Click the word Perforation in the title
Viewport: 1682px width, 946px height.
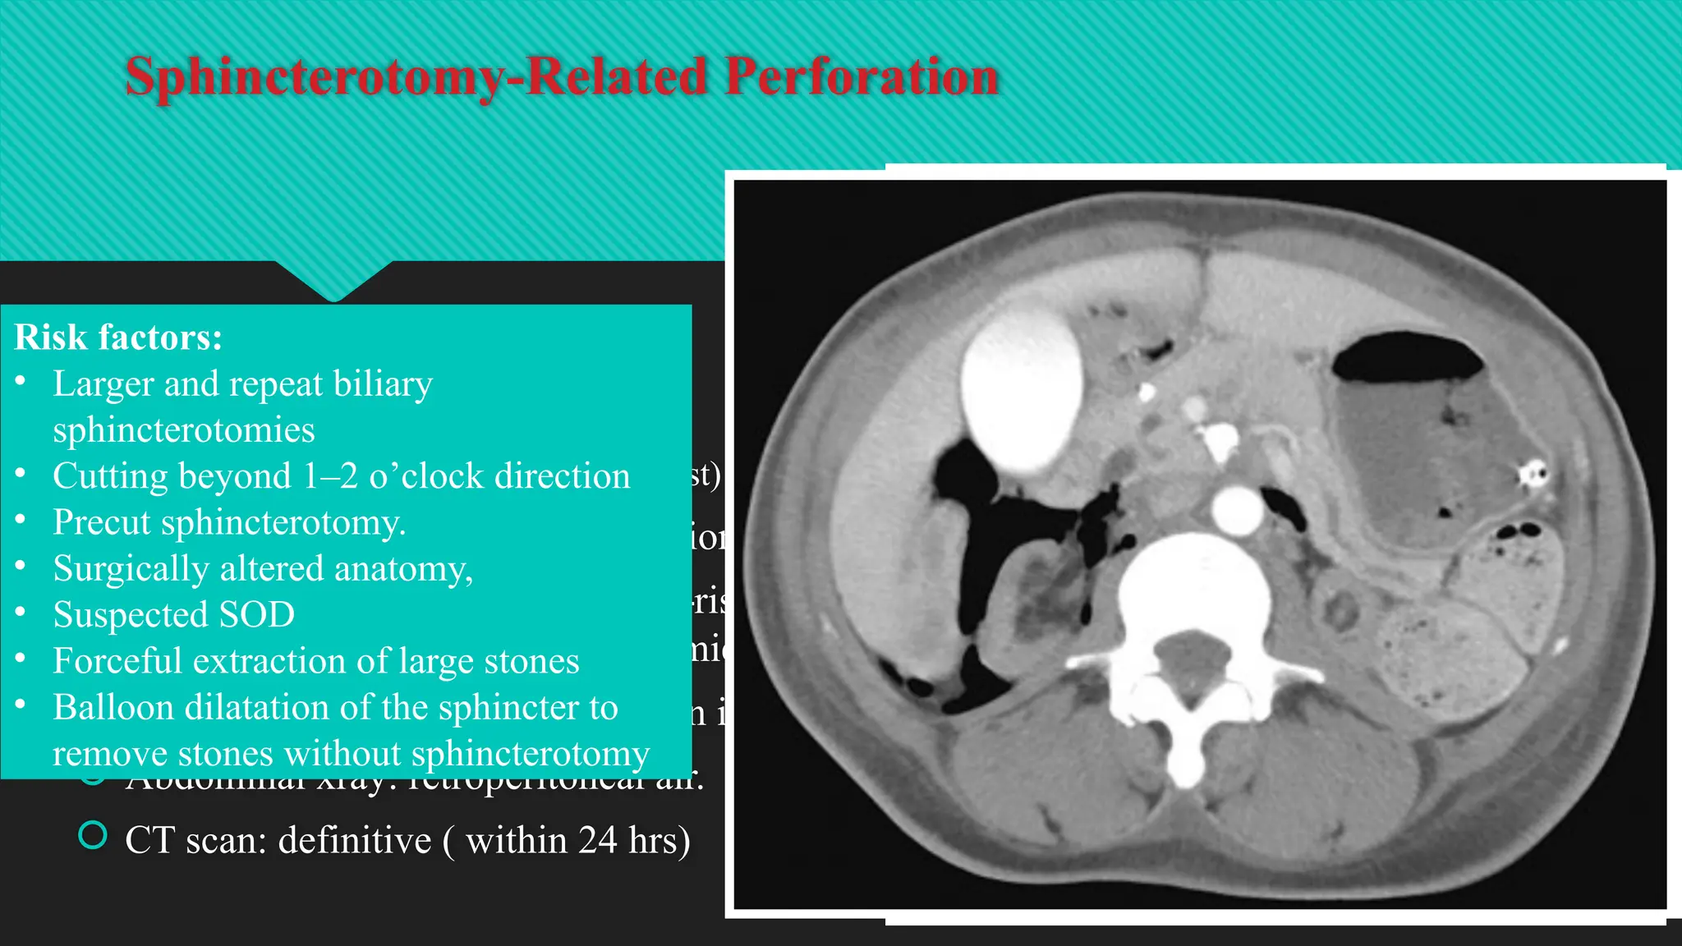click(x=862, y=77)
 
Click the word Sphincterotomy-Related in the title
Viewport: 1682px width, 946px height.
click(x=416, y=77)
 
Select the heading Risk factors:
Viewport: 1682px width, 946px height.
click(x=118, y=338)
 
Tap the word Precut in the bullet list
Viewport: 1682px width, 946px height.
click(x=103, y=523)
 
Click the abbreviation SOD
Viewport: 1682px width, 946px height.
click(x=257, y=615)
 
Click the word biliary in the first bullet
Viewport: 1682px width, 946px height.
click(x=383, y=384)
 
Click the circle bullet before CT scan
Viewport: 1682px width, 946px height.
click(x=93, y=836)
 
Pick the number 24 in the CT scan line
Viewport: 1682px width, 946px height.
click(x=597, y=840)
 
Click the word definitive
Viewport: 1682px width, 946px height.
click(x=355, y=840)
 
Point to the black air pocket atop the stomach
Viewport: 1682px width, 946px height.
click(x=1405, y=356)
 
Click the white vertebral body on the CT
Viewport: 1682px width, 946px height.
click(x=1192, y=585)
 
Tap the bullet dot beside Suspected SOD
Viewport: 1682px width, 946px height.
click(x=21, y=612)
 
